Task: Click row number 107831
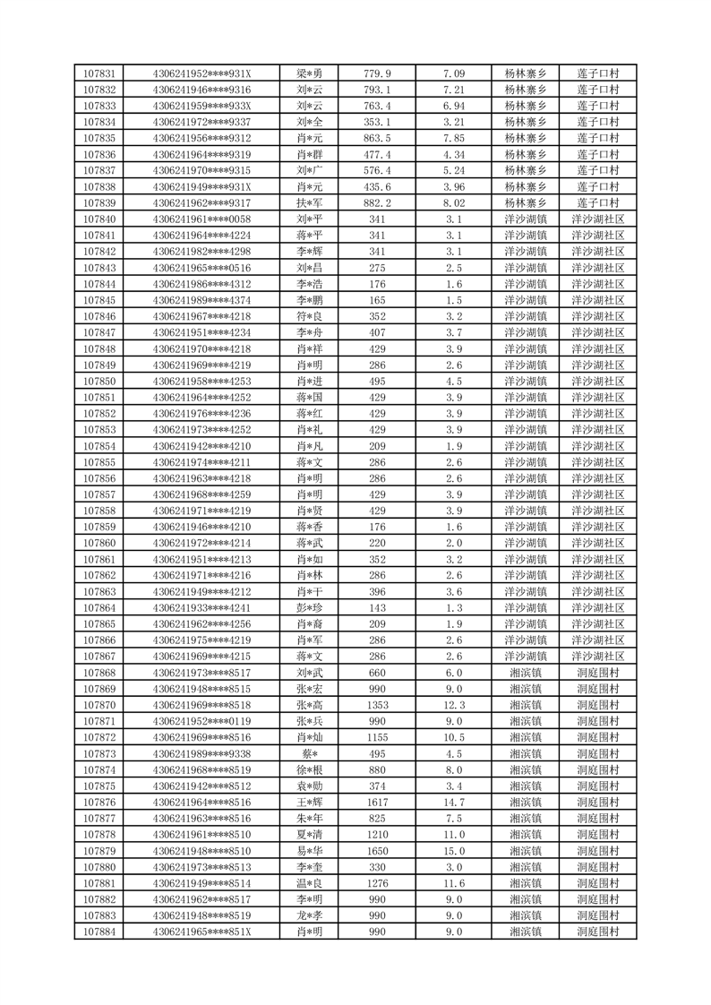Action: [99, 73]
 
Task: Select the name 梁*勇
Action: [309, 73]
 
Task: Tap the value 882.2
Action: [377, 203]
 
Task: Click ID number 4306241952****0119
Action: [202, 721]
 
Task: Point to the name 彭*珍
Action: [309, 607]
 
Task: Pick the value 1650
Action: [377, 851]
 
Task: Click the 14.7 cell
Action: [454, 803]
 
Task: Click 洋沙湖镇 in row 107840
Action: [526, 219]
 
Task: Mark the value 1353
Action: [377, 705]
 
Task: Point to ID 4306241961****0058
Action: [202, 219]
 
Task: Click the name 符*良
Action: [309, 316]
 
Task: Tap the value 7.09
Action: [454, 73]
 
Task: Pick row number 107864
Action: [99, 607]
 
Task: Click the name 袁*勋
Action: [309, 786]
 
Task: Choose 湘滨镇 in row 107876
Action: [526, 803]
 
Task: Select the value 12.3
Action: [454, 705]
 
